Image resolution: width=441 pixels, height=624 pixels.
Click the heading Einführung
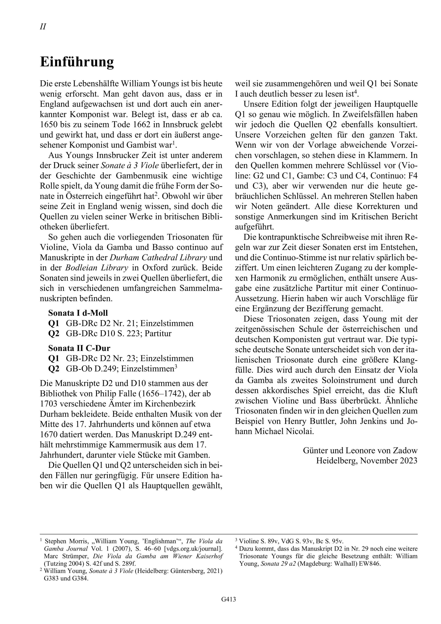point(77,62)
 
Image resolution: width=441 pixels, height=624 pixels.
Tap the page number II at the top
point(43,27)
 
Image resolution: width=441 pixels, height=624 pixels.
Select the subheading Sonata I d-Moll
point(78,313)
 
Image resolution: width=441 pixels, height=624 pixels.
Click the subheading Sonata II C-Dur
point(79,348)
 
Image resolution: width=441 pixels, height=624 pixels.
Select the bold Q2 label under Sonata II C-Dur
point(54,369)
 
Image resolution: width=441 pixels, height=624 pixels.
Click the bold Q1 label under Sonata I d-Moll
point(54,323)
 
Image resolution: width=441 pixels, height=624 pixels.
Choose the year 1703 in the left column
point(49,404)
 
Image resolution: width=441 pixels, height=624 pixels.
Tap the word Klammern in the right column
point(387,156)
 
